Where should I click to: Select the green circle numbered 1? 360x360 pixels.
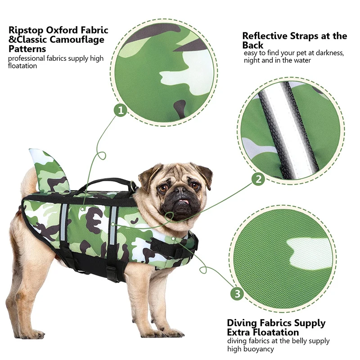[x=120, y=110]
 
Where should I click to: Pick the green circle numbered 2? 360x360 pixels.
[x=258, y=180]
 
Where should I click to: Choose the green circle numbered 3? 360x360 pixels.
[x=238, y=294]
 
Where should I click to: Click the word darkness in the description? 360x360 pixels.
[x=327, y=53]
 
